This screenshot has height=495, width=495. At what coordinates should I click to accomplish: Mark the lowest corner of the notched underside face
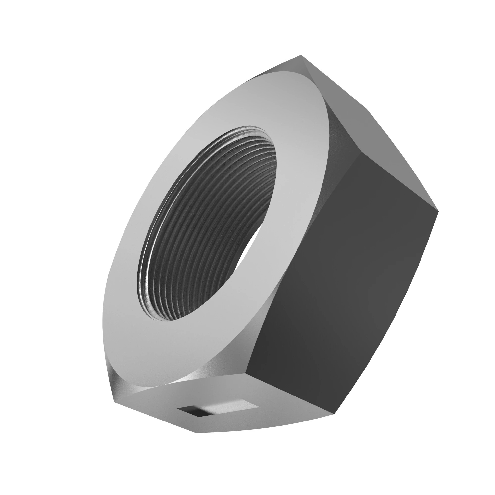pyautogui.click(x=196, y=433)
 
